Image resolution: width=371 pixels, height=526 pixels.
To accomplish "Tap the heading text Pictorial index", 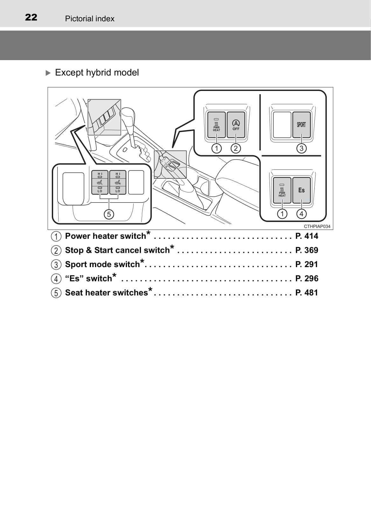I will click(90, 19).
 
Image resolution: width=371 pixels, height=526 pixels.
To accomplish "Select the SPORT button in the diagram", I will click(301, 125).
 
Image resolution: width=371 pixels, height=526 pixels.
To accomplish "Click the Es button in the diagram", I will click(301, 190).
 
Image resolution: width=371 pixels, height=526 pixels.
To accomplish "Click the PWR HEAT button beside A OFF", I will click(216, 125).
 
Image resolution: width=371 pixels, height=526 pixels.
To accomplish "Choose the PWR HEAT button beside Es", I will click(282, 190).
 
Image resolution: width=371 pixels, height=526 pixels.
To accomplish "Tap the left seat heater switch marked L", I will click(100, 182).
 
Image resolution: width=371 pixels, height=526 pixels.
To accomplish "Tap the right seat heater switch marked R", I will click(118, 182).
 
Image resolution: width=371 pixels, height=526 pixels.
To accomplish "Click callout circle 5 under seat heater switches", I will click(109, 214).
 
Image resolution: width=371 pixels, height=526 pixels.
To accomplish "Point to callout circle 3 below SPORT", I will click(301, 148).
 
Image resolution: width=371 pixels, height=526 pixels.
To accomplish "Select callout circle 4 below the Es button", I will click(301, 214).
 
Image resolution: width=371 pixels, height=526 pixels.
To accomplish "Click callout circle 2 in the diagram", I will click(236, 148).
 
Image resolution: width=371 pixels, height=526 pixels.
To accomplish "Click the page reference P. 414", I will click(307, 236).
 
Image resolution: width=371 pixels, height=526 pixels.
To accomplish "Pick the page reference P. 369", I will click(307, 250).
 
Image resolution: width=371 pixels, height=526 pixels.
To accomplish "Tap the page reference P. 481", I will click(307, 293).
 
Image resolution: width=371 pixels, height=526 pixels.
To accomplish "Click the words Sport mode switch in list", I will click(102, 265).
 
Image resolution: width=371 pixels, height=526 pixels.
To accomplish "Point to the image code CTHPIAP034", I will click(317, 226).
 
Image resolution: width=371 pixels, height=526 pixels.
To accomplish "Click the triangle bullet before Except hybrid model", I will click(48, 73).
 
